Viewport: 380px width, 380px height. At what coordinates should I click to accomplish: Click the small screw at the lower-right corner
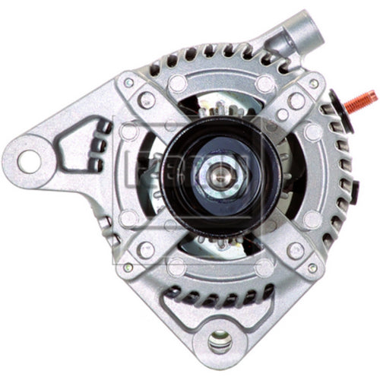tap(312, 267)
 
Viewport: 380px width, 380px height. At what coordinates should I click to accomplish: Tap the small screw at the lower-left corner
tap(128, 267)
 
